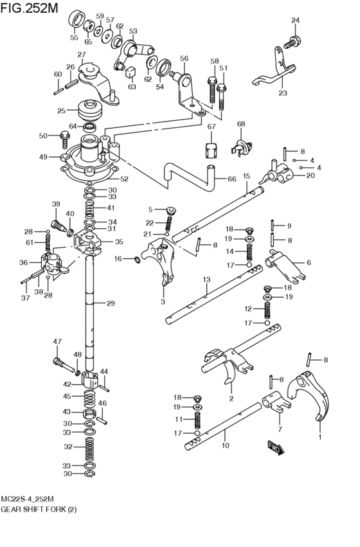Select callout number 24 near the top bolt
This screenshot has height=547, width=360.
[295, 21]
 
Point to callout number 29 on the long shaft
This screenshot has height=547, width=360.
[111, 303]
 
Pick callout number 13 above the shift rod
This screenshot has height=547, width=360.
[206, 280]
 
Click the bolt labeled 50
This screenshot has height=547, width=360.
[64, 136]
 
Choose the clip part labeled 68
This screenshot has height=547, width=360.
[241, 145]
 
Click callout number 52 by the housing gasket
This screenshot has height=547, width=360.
[124, 179]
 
